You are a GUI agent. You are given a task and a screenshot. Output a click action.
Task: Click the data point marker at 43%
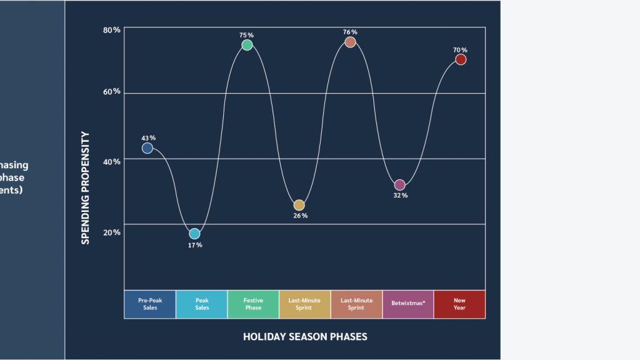point(147,148)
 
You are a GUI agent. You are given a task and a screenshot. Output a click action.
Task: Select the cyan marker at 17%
point(194,234)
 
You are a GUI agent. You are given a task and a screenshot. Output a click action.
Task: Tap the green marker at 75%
point(247,45)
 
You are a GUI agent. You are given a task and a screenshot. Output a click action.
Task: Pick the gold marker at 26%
point(299,205)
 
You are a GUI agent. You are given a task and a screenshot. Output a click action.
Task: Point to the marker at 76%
point(350,42)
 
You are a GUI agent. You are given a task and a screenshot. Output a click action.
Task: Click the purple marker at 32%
point(400,185)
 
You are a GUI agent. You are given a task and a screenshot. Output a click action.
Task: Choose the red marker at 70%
point(461,59)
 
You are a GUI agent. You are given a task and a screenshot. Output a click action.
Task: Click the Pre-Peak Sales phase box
point(150,304)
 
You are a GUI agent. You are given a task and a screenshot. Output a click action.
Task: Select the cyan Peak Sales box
point(202,304)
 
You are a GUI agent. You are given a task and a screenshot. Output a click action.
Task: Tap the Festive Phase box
point(253,304)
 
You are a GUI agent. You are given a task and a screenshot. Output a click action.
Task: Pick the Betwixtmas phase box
point(408,304)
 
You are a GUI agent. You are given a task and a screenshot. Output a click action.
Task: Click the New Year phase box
point(459,304)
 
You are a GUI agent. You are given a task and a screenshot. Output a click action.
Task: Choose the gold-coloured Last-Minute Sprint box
point(304,304)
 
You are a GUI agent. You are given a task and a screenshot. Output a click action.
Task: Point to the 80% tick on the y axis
point(112,30)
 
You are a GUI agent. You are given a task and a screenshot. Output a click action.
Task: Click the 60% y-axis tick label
point(112,91)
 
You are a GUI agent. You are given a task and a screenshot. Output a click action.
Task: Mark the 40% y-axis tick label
point(112,161)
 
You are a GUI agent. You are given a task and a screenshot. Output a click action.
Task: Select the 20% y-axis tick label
point(112,232)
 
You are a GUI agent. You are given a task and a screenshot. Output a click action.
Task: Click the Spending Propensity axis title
point(86,187)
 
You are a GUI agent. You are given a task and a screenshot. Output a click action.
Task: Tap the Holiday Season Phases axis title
point(305,337)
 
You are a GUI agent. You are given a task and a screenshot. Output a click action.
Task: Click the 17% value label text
point(195,245)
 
